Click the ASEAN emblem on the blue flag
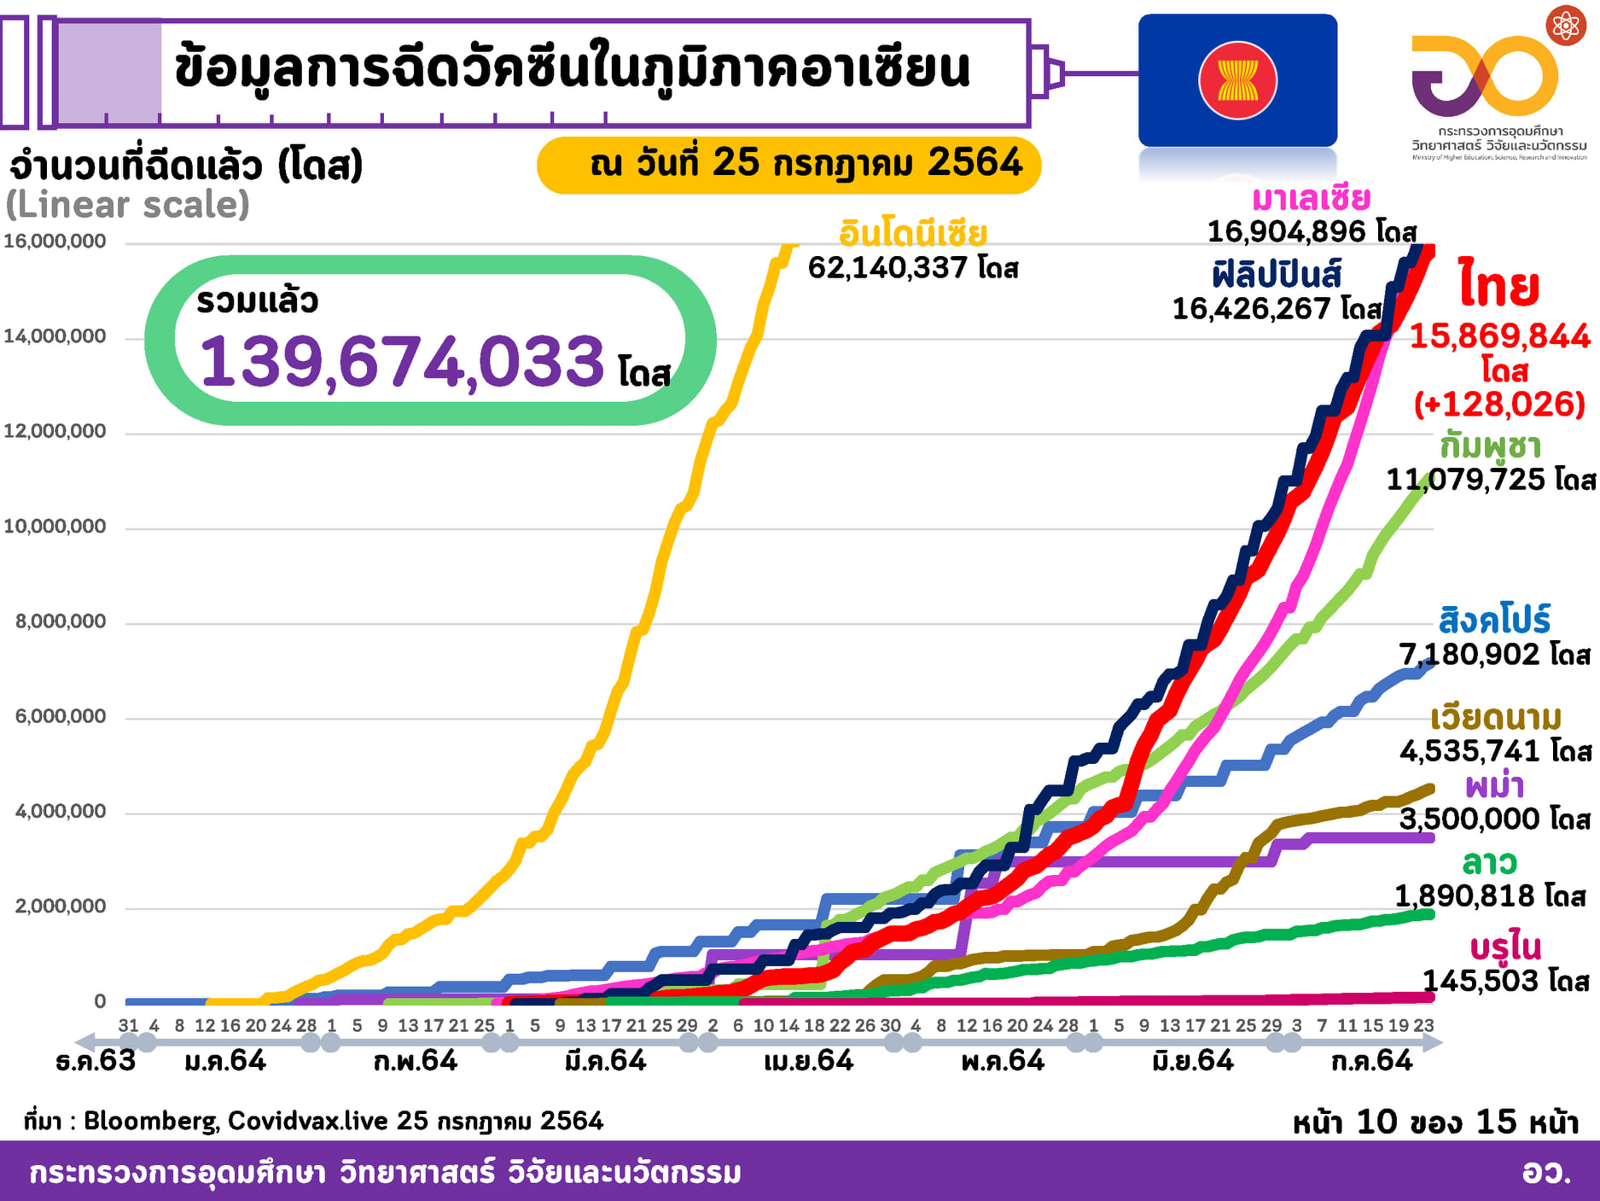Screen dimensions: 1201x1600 pyautogui.click(x=1237, y=81)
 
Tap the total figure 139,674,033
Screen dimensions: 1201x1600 pyautogui.click(x=402, y=362)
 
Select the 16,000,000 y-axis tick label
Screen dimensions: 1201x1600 pyautogui.click(x=55, y=242)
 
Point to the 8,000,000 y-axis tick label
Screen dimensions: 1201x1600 pyautogui.click(x=61, y=621)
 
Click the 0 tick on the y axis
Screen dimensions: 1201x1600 pyautogui.click(x=100, y=1001)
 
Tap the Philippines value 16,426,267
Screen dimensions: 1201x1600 pyautogui.click(x=1251, y=309)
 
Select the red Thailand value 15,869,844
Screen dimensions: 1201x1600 pyautogui.click(x=1499, y=336)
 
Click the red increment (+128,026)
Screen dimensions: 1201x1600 pyautogui.click(x=1499, y=405)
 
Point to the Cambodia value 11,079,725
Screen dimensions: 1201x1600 pyautogui.click(x=1465, y=480)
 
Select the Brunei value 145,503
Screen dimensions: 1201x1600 pyautogui.click(x=1480, y=981)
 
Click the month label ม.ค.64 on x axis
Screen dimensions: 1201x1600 pyautogui.click(x=225, y=1061)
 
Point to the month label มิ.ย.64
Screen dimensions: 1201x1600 pyautogui.click(x=1193, y=1061)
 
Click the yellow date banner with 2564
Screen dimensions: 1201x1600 pyautogui.click(x=788, y=164)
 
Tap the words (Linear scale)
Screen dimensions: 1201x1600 pyautogui.click(x=128, y=205)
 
